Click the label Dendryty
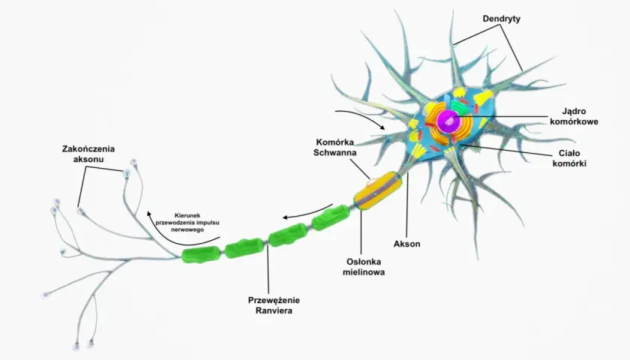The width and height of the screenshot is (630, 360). pos(501,19)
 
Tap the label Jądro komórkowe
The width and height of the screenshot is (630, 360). pos(574,116)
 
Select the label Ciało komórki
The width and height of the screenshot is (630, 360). pos(569,158)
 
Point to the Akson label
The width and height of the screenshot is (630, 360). pos(406,244)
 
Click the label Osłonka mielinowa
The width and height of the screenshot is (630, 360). pos(364,267)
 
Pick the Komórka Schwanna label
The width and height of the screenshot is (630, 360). pos(334,148)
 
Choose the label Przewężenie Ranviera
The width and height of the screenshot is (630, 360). pos(274,305)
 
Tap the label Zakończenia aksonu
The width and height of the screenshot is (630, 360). pos(88,154)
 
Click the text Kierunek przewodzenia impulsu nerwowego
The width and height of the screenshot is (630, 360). pos(187,223)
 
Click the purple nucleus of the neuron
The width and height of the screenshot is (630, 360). pos(447,120)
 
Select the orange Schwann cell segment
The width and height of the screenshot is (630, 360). pos(378,190)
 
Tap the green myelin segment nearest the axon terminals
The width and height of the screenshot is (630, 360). pos(201,255)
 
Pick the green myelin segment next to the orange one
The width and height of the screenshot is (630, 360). pos(331,217)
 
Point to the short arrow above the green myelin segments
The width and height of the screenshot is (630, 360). pos(307,211)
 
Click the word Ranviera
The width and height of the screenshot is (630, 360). pos(274,310)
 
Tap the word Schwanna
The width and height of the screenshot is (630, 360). pos(334,153)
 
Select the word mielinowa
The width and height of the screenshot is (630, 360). pos(364,272)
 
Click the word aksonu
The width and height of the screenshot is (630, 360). pos(88,159)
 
